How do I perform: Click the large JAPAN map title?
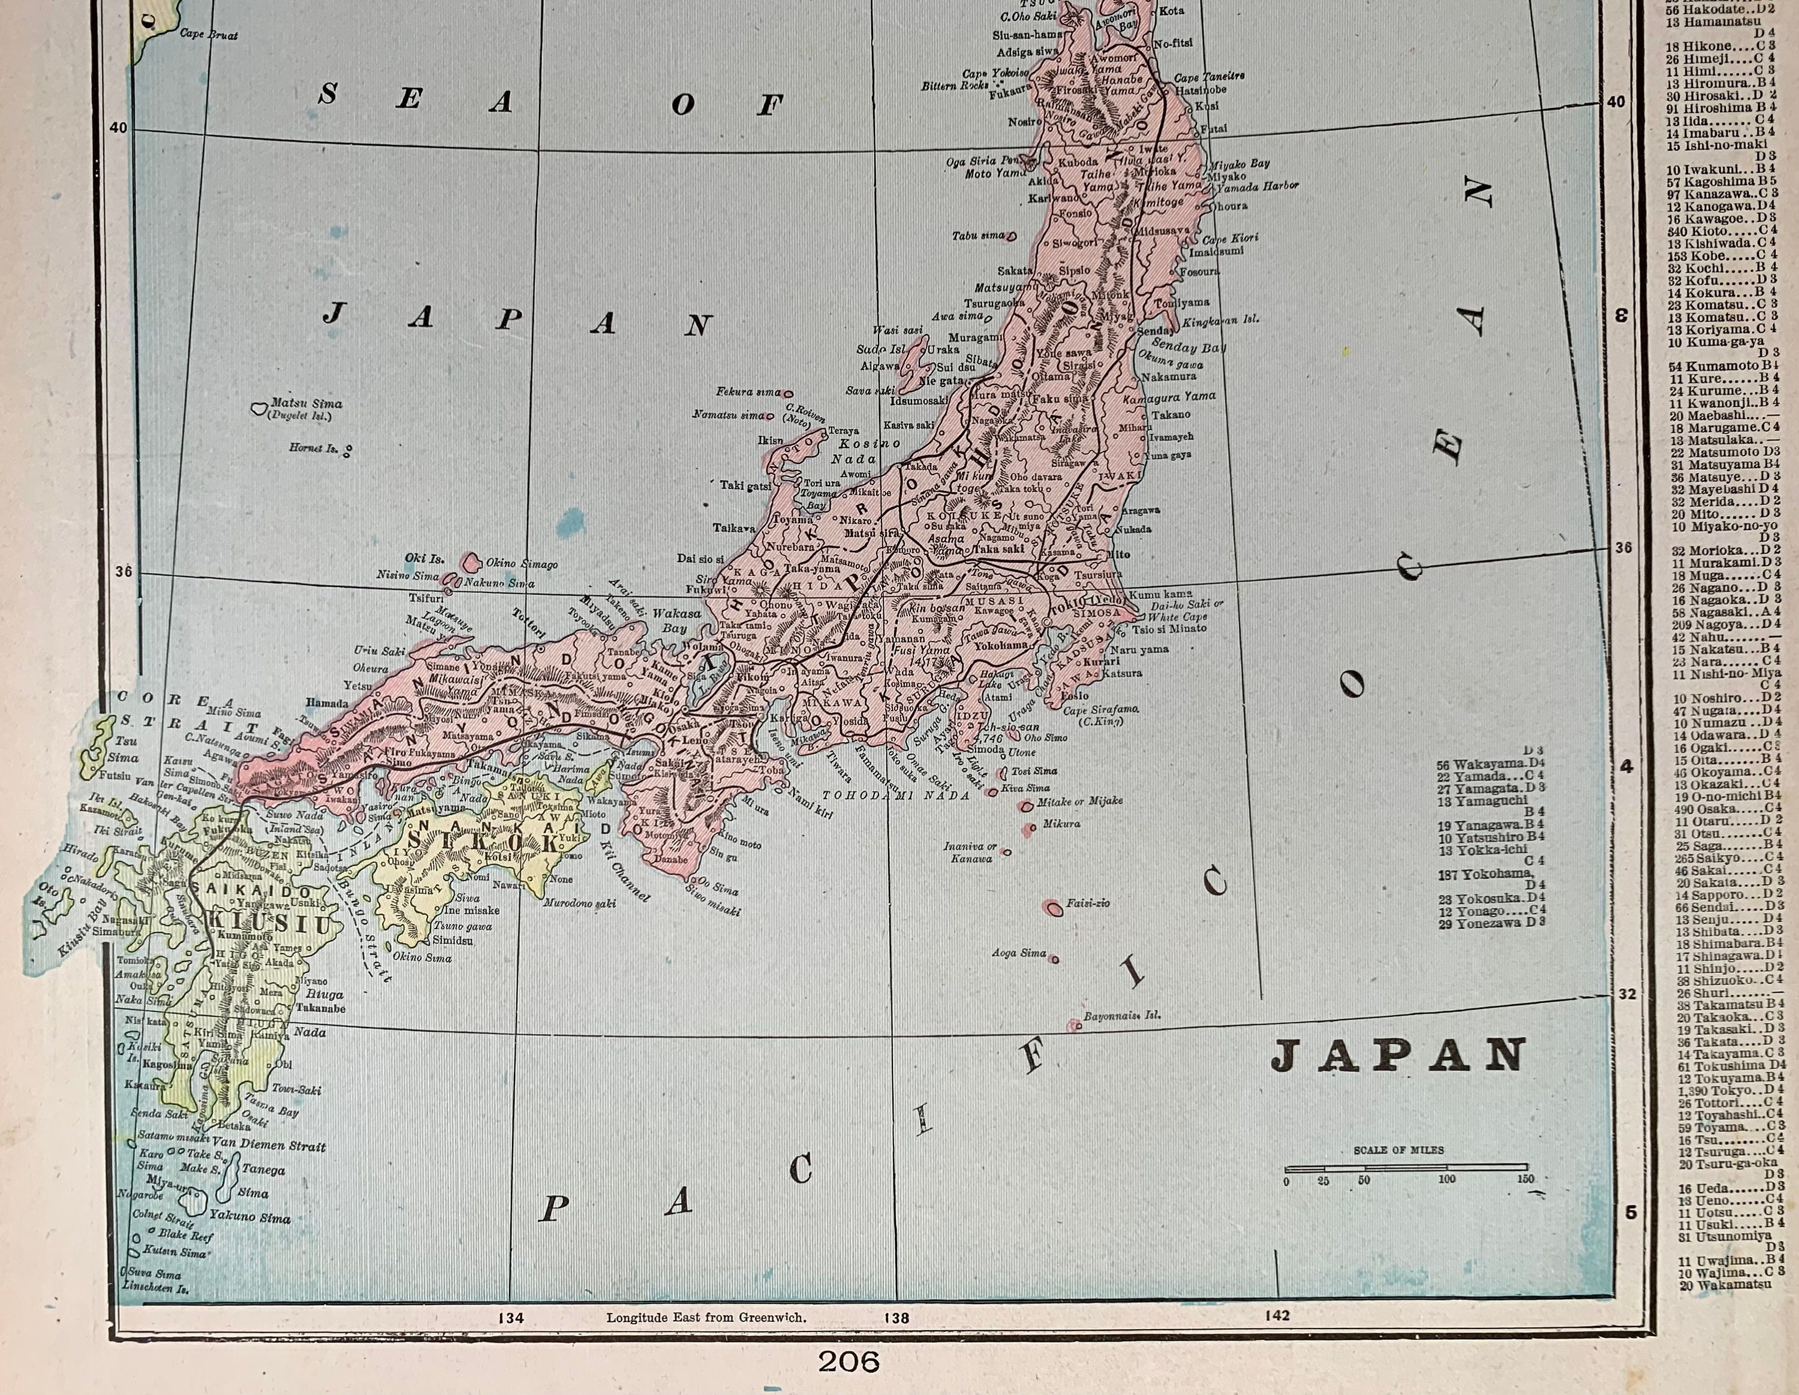coord(1398,1056)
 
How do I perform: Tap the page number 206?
coord(849,1361)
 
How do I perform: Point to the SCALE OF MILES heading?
coord(1398,1150)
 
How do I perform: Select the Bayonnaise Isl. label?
coord(1122,1016)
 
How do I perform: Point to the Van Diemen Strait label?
coord(269,1146)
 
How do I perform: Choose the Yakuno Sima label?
coord(249,1216)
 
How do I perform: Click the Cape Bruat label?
coord(209,35)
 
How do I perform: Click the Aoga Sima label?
coord(1019,953)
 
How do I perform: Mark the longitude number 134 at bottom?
coord(511,1318)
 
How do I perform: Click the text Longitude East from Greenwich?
coord(706,1318)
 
